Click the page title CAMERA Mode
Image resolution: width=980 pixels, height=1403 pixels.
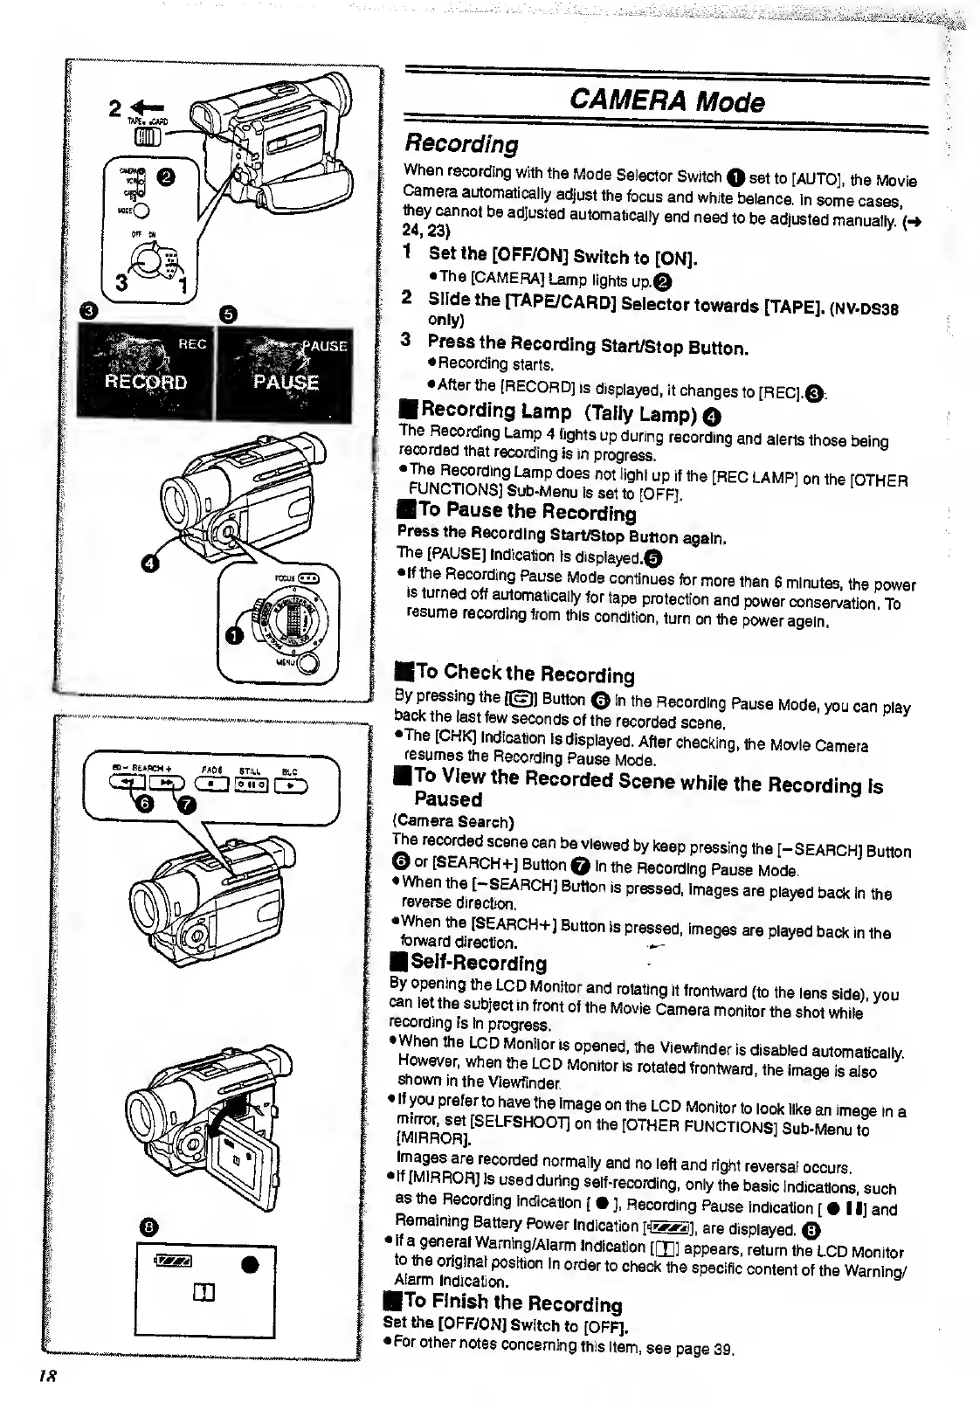coord(666,102)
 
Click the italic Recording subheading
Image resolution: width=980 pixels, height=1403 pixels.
coord(461,143)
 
